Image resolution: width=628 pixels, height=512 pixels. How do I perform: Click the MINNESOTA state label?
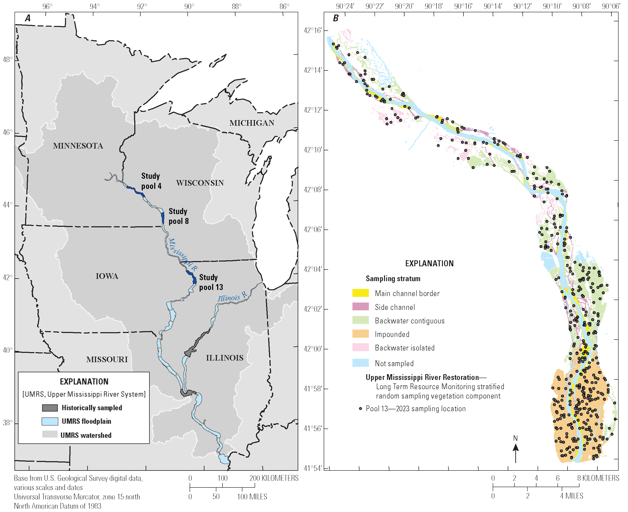click(x=78, y=146)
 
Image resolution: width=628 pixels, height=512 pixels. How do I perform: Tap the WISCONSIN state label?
click(x=200, y=183)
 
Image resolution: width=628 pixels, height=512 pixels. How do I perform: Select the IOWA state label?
click(x=107, y=276)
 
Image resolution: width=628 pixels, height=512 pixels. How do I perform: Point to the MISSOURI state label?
click(x=107, y=359)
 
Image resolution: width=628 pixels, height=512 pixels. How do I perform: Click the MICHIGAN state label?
click(x=252, y=123)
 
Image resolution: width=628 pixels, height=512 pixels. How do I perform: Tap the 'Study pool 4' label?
click(x=151, y=181)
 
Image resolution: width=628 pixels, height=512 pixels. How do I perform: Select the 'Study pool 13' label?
click(x=211, y=282)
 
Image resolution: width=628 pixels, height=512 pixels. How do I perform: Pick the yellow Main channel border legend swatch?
click(x=360, y=293)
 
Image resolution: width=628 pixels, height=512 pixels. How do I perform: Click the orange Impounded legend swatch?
click(x=360, y=334)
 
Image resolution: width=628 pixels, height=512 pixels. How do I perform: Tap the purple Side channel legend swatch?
click(x=360, y=307)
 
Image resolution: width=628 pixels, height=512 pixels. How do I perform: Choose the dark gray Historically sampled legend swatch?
click(x=50, y=408)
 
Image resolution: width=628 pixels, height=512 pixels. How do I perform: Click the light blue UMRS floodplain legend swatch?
click(x=50, y=421)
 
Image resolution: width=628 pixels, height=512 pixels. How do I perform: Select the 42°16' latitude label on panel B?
click(x=313, y=30)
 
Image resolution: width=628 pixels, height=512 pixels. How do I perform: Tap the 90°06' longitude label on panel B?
click(x=611, y=6)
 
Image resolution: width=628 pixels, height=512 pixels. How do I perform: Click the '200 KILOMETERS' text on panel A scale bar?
click(x=274, y=478)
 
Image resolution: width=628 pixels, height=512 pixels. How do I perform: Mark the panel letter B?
click(x=335, y=18)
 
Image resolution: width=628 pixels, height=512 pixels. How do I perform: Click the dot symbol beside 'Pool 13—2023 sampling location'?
click(x=360, y=409)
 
